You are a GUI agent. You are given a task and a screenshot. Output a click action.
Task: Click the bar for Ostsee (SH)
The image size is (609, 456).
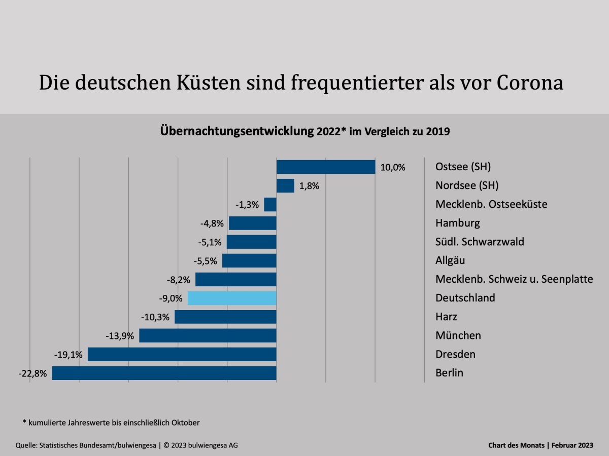tap(326, 167)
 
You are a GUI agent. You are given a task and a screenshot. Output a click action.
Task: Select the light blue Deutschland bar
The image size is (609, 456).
tap(232, 298)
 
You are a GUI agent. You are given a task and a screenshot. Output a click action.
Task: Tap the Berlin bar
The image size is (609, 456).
tap(164, 373)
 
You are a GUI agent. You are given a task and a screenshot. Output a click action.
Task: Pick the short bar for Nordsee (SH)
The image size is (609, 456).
tap(285, 185)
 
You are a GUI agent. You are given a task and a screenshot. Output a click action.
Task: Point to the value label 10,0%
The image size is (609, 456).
tap(393, 167)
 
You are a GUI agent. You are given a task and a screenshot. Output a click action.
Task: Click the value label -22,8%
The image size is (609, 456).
tap(32, 373)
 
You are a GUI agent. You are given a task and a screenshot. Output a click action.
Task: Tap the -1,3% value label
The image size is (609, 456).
tap(247, 205)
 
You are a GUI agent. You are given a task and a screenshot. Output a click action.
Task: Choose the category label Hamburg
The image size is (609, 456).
tap(457, 223)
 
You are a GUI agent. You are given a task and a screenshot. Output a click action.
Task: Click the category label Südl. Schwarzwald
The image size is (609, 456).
tap(480, 242)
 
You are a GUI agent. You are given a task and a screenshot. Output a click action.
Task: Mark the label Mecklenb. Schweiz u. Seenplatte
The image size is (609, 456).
tap(514, 279)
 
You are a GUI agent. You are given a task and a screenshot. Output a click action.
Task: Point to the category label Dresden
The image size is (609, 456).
tap(455, 354)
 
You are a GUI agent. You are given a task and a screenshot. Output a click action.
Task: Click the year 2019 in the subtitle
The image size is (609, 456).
tap(437, 131)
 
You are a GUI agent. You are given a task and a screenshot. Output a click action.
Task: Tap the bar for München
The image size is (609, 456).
tap(208, 335)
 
